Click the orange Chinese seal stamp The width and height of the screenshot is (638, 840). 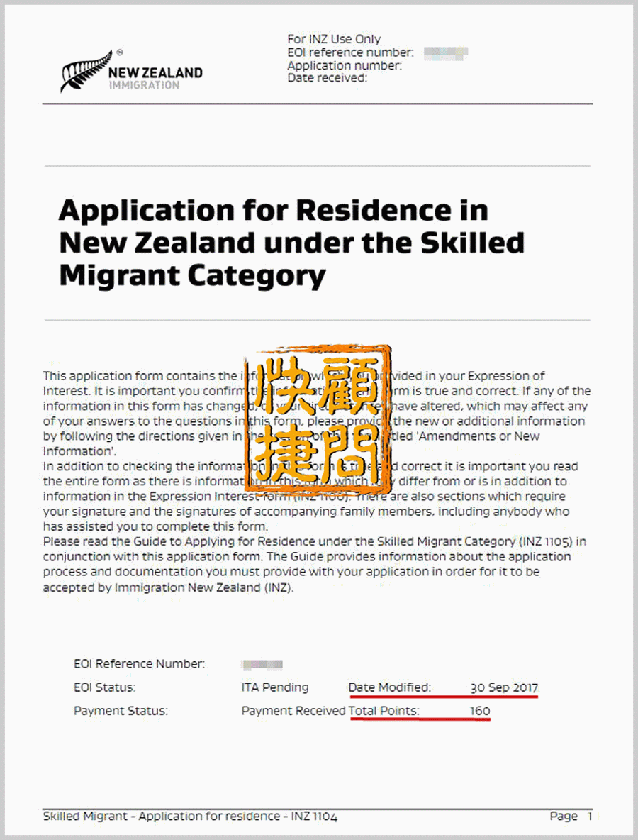coord(318,419)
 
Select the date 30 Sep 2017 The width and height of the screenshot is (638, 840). coord(504,687)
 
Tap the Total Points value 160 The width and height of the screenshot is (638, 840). coord(480,711)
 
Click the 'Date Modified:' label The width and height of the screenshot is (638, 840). coord(389,687)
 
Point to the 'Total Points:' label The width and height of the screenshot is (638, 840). coord(384,711)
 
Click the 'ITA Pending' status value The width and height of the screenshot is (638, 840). coord(275,687)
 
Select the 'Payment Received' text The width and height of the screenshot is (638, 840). coord(293,711)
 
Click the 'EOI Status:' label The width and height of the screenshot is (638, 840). coord(104,687)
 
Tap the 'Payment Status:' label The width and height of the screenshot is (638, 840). coord(121,711)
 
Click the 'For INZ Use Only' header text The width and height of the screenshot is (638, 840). coord(334,40)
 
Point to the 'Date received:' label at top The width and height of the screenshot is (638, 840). coord(327,78)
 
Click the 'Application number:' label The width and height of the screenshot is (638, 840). coord(345,65)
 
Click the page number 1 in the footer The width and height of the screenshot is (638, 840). coord(589,817)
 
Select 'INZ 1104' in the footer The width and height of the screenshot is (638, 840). coord(314,817)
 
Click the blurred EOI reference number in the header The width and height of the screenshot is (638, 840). coord(446,52)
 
